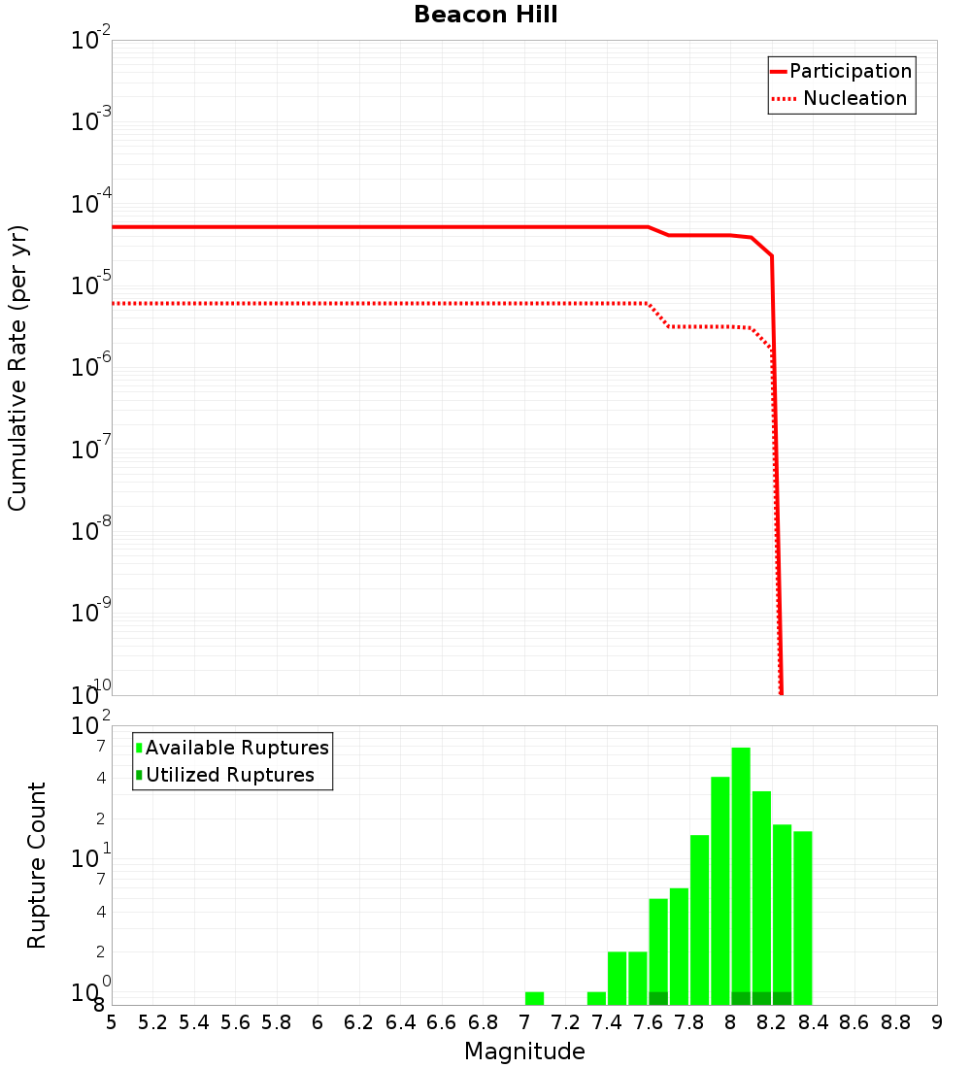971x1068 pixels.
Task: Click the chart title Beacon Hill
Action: click(x=485, y=16)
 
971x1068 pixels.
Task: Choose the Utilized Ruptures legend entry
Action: click(x=229, y=775)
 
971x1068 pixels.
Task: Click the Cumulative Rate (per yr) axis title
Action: click(x=17, y=367)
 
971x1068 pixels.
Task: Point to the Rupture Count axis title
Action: click(x=37, y=865)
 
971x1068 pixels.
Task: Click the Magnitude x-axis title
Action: click(x=524, y=1051)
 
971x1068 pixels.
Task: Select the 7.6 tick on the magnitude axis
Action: click(x=648, y=1021)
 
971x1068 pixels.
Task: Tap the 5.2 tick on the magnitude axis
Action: click(x=152, y=1021)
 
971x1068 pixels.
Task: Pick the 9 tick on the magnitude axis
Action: click(x=937, y=1021)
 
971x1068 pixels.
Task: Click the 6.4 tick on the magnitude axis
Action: click(x=400, y=1021)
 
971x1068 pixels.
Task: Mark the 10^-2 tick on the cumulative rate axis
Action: click(x=91, y=41)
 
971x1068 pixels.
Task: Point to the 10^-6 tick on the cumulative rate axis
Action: click(x=91, y=367)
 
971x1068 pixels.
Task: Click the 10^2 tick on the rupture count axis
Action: click(x=91, y=726)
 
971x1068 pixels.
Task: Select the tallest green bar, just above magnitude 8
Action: click(x=741, y=874)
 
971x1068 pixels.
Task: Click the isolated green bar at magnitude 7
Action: click(x=534, y=998)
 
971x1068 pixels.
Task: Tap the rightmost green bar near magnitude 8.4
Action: click(x=803, y=918)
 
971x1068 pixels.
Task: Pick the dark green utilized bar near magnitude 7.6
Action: click(x=658, y=998)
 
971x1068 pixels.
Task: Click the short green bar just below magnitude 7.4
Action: click(x=596, y=998)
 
